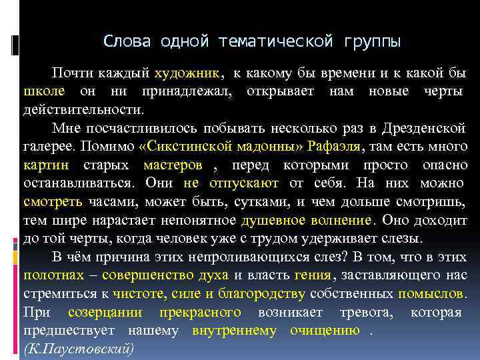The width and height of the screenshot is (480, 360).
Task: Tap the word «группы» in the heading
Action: click(373, 42)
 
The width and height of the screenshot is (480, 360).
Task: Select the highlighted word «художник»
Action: click(188, 73)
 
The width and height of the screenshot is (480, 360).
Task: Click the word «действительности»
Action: click(83, 109)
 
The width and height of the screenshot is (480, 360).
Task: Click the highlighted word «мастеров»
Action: click(173, 164)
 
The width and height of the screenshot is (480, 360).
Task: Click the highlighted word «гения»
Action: click(311, 274)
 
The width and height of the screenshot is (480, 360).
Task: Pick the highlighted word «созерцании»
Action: click(107, 311)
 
